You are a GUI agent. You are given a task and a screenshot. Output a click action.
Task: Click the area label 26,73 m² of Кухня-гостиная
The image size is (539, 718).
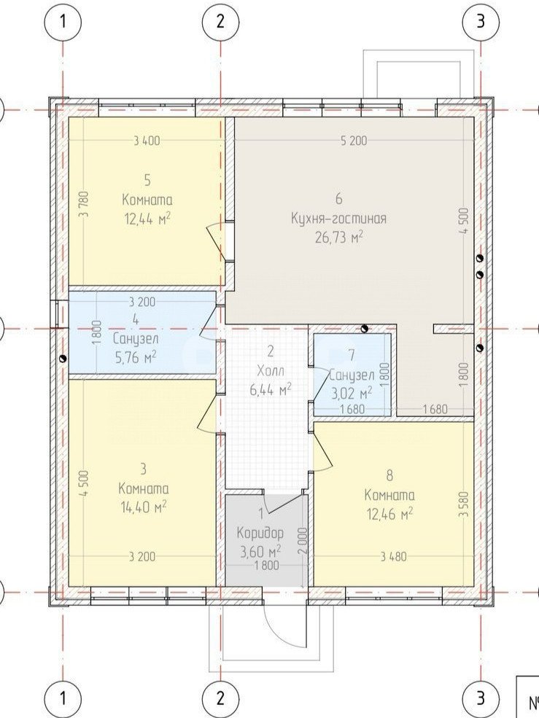[339, 236]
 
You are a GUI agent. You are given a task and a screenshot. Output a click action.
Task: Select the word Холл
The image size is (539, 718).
[271, 370]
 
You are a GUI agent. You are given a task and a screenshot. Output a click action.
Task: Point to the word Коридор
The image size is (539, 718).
[260, 533]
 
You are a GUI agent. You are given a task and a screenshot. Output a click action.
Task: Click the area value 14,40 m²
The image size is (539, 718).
[142, 507]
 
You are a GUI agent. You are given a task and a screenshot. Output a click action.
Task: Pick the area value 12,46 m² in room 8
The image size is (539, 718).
[389, 514]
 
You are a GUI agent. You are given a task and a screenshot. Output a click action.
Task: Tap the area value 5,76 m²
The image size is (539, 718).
[136, 356]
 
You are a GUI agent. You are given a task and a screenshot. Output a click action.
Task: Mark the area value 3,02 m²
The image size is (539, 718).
[351, 393]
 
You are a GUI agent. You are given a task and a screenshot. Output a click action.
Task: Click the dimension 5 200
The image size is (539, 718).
[354, 141]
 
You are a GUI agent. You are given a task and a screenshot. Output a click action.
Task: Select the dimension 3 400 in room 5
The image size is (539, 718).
[147, 141]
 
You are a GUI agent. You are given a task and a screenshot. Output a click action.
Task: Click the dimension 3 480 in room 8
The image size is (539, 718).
[394, 557]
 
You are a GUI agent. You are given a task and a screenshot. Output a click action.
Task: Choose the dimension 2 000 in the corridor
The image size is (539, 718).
[302, 542]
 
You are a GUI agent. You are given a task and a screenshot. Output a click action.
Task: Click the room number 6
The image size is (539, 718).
[339, 199]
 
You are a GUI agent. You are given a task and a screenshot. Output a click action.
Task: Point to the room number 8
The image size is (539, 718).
[389, 475]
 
